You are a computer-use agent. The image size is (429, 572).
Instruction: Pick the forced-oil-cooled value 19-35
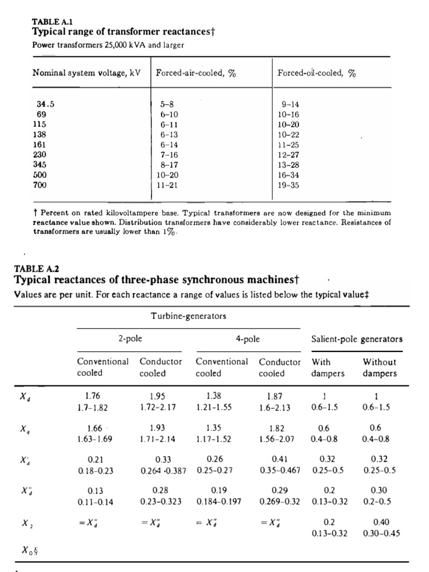pyautogui.click(x=289, y=184)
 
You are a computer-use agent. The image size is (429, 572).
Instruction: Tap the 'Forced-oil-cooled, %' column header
pyautogui.click(x=317, y=73)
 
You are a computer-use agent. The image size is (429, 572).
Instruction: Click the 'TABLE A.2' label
pyautogui.click(x=32, y=268)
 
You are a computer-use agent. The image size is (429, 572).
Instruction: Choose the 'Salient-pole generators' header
pyautogui.click(x=356, y=339)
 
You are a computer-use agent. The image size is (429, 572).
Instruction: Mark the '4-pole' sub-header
pyautogui.click(x=247, y=339)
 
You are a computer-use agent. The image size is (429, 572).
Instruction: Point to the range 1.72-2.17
pyautogui.click(x=158, y=407)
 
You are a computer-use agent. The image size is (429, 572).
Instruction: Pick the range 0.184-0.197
pyautogui.click(x=219, y=501)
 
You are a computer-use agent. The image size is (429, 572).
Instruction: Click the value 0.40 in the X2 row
pyautogui.click(x=381, y=522)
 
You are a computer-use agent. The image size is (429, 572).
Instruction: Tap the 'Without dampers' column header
pyautogui.click(x=380, y=367)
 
